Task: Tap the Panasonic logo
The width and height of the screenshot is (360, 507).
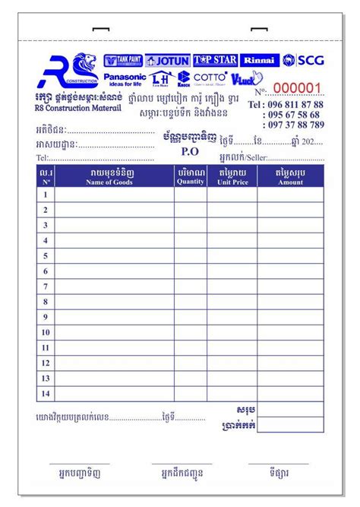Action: pos(125,79)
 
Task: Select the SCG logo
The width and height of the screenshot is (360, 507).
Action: pos(303,60)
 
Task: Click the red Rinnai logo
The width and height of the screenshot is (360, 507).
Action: pos(261,60)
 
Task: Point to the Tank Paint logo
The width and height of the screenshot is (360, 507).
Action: pos(123,60)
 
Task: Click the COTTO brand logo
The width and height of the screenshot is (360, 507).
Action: pos(210,77)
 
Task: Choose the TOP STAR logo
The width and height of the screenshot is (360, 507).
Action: pos(216,60)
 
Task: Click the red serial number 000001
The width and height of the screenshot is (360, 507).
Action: pos(298,88)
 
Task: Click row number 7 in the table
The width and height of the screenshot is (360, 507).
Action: pos(46,287)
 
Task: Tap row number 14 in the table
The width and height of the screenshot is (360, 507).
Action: pos(46,393)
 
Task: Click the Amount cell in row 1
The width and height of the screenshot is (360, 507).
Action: pos(290,195)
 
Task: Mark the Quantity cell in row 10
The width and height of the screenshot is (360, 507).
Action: pos(191,332)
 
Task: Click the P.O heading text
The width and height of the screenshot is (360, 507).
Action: pos(189,151)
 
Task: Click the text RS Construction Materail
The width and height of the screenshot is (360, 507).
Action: pos(78,109)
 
